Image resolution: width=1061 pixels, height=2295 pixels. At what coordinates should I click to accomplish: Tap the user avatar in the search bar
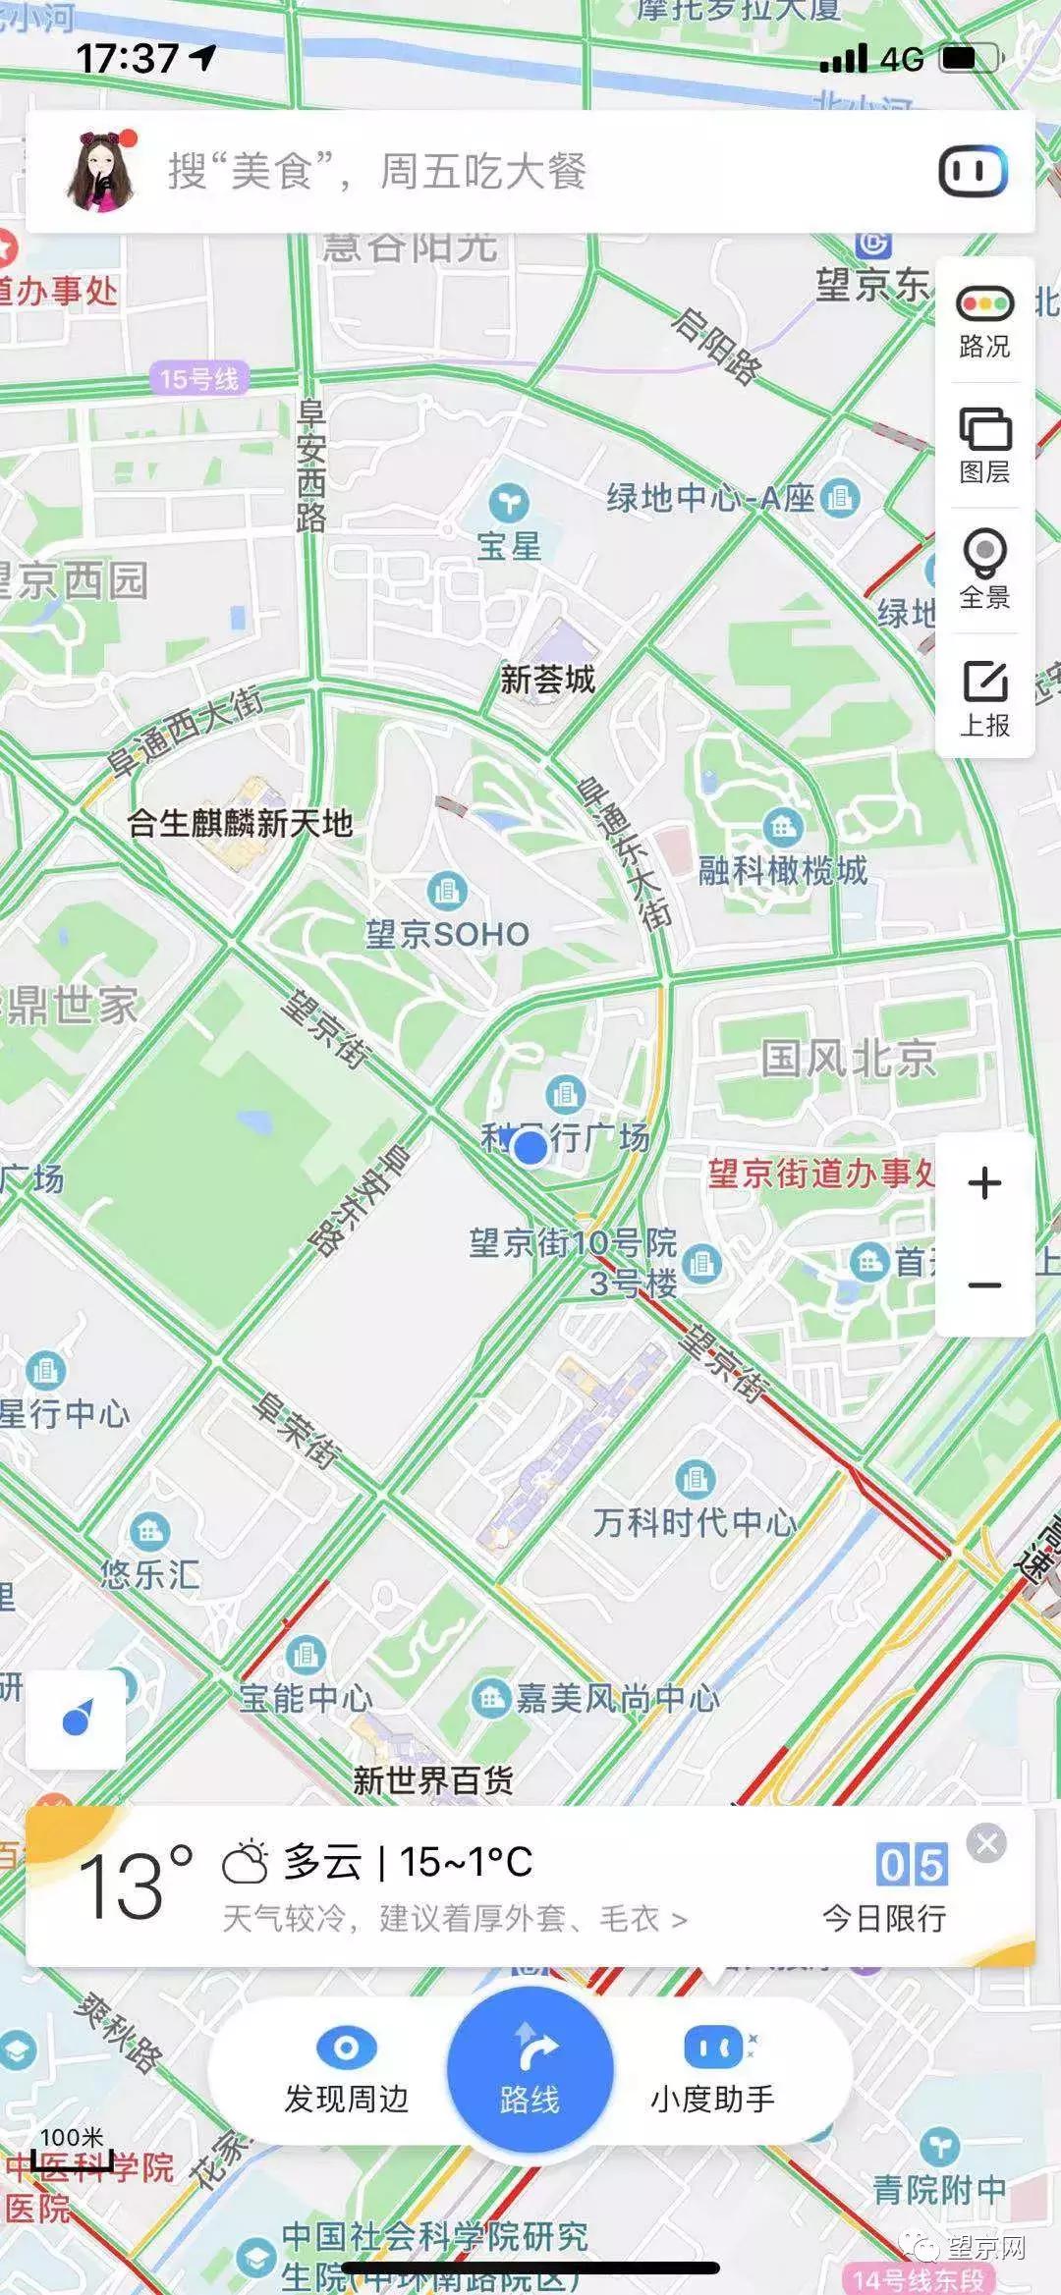(x=100, y=172)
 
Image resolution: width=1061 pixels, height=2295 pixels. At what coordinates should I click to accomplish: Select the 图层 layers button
(x=984, y=445)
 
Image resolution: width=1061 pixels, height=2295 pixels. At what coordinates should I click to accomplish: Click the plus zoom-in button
(x=984, y=1183)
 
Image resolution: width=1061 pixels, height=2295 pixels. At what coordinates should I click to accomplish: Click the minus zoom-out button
(x=984, y=1285)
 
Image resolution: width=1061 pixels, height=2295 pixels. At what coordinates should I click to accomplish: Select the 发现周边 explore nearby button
(x=346, y=2071)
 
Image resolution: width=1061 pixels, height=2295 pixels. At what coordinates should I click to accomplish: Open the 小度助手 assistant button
(x=713, y=2071)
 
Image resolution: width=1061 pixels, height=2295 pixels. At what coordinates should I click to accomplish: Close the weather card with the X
(x=986, y=1843)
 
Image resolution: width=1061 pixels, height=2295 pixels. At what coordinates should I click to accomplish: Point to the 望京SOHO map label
(x=448, y=934)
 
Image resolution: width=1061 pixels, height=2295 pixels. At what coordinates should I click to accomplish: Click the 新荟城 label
(x=547, y=679)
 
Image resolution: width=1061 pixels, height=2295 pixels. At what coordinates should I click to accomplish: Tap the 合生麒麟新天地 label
(x=240, y=823)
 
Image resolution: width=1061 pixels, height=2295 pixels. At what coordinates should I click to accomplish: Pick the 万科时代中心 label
(x=695, y=1523)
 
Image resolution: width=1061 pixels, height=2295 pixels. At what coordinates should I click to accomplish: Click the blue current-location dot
(x=530, y=1146)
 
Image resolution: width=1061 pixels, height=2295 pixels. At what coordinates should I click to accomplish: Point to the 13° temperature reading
(x=134, y=1885)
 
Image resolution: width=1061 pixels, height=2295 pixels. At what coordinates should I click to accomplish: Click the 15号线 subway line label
(x=199, y=378)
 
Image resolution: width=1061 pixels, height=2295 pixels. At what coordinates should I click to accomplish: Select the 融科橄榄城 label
(x=783, y=870)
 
